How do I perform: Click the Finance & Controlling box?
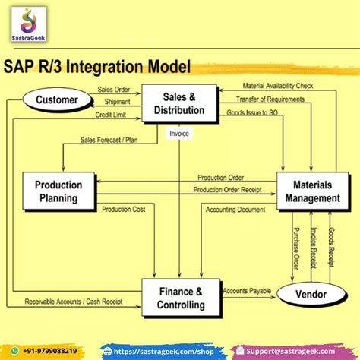click(x=182, y=297)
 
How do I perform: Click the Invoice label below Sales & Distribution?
click(x=180, y=134)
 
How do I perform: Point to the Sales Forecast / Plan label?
click(x=108, y=140)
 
